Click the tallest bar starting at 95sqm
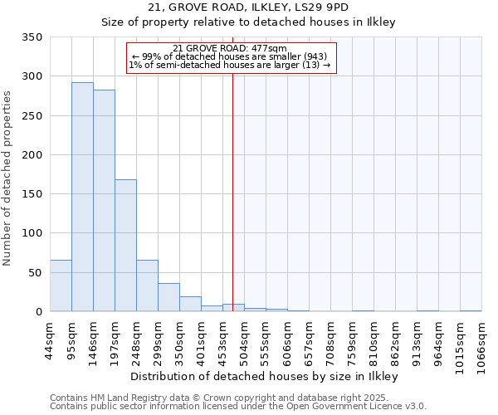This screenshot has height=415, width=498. click(82, 197)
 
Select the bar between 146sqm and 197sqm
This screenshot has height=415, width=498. click(104, 201)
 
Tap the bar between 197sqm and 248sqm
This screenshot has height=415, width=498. click(125, 246)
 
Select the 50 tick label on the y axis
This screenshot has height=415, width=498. click(36, 273)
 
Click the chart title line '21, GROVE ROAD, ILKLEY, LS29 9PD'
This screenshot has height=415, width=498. click(248, 7)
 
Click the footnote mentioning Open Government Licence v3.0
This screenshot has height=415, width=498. click(238, 407)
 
